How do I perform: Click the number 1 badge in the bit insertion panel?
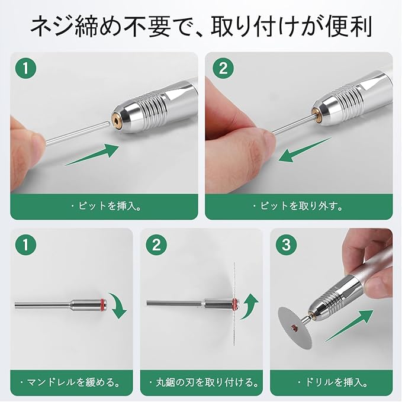click(x=25, y=68)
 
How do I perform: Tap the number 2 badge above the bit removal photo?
click(x=223, y=68)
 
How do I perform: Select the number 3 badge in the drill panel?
click(x=286, y=245)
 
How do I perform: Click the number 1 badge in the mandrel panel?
click(x=25, y=245)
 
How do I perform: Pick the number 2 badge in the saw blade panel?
click(x=156, y=245)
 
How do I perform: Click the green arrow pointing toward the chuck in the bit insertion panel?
click(x=92, y=155)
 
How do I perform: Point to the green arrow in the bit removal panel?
click(x=304, y=150)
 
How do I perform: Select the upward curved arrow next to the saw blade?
click(x=249, y=306)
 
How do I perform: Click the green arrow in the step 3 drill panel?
click(x=349, y=326)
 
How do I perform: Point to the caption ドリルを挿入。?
click(x=333, y=382)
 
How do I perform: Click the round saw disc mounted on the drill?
click(x=295, y=327)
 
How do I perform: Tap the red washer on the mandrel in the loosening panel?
click(x=102, y=303)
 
